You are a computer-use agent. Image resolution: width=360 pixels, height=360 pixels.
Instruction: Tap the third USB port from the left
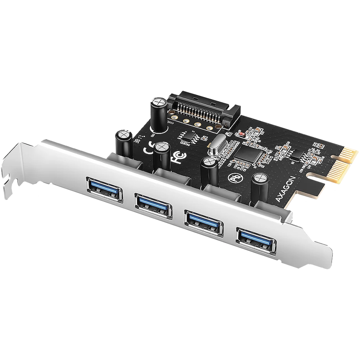(204, 220)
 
